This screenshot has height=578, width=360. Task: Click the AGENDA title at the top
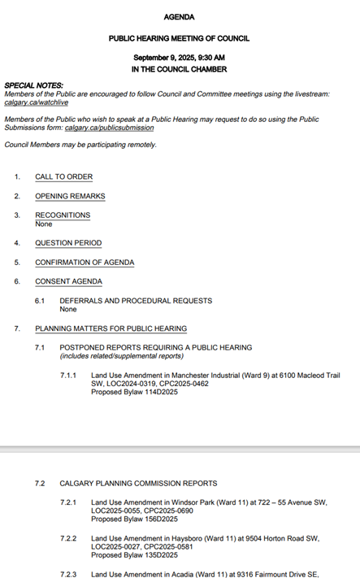[179, 17]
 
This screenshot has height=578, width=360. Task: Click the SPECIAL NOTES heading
[33, 85]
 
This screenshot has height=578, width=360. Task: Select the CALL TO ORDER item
[63, 176]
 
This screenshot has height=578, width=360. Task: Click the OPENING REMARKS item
[70, 196]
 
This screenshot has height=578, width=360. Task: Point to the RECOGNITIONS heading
[63, 215]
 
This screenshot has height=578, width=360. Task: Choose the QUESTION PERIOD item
[68, 243]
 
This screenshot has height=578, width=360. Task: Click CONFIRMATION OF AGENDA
[85, 263]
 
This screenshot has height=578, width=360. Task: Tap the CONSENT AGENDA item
[68, 281]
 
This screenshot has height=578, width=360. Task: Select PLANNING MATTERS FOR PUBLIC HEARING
[111, 328]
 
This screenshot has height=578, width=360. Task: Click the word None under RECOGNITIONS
[43, 224]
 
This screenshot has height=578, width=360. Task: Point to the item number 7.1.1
[68, 375]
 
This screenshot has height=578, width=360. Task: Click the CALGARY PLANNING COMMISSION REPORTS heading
[138, 484]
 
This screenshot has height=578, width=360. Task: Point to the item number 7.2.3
[68, 575]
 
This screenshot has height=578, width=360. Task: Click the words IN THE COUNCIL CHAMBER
[179, 70]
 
